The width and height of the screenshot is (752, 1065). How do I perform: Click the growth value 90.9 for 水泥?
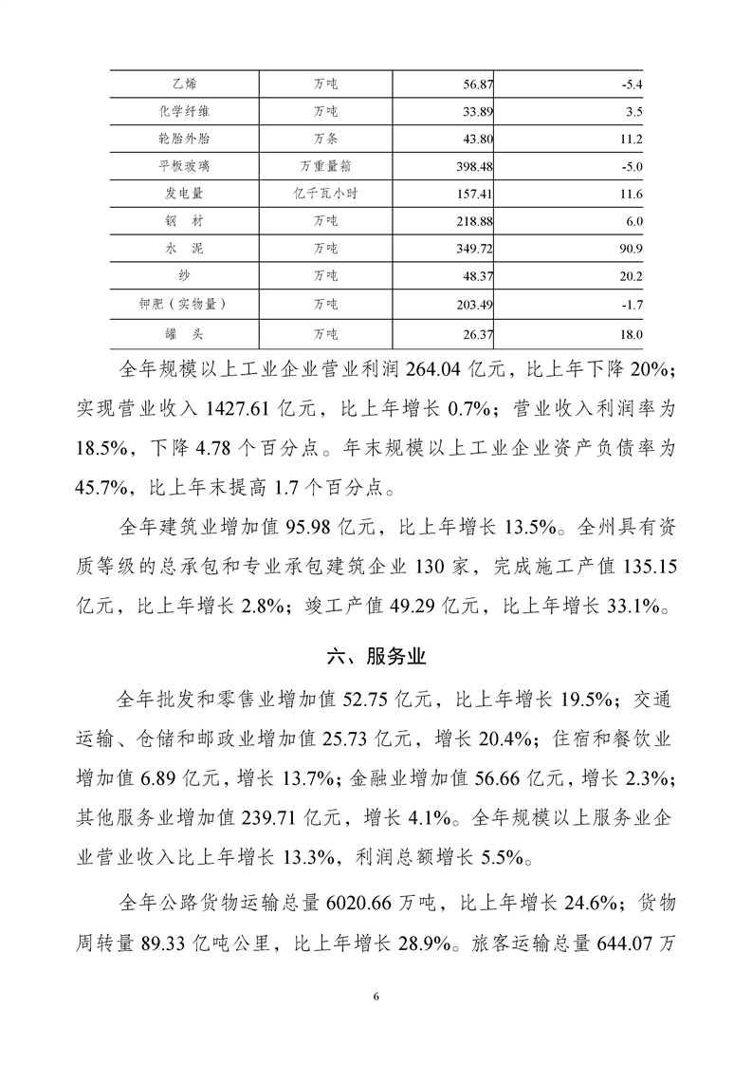pyautogui.click(x=629, y=251)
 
